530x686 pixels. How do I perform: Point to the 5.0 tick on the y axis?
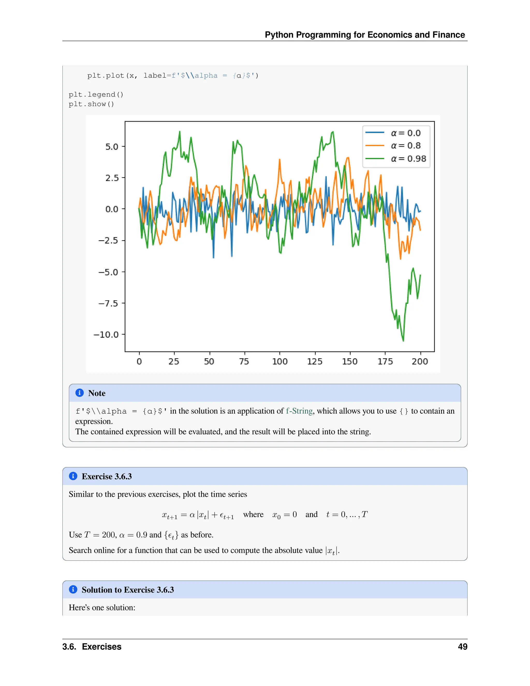[x=112, y=147]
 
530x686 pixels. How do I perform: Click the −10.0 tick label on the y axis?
[x=106, y=334]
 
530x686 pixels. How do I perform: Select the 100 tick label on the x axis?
[x=279, y=362]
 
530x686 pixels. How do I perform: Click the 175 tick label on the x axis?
[x=385, y=362]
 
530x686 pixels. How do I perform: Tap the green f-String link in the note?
[x=299, y=411]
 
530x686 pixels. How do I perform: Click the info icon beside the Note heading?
[x=79, y=393]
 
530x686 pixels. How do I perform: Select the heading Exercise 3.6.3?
[x=107, y=477]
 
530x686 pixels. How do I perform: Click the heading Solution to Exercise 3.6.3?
[x=128, y=590]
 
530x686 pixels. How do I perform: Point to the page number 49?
[x=462, y=647]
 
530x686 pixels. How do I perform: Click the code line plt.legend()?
[x=96, y=94]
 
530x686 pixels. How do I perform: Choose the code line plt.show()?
[x=91, y=104]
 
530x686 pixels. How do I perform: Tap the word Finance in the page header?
[x=448, y=35]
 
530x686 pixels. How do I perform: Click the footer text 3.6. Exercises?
[x=92, y=647]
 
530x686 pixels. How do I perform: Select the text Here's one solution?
[x=102, y=608]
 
